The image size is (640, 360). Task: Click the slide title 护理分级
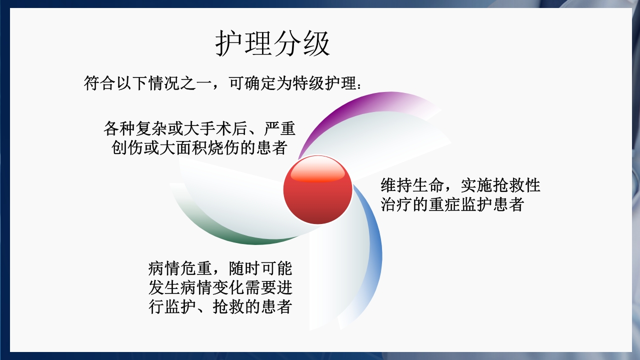pos(273,44)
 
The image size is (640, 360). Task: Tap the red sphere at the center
pos(318,190)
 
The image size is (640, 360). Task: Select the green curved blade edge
pos(210,229)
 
